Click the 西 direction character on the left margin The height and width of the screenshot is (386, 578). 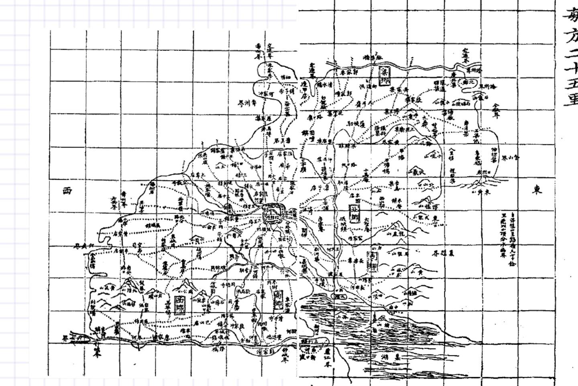pyautogui.click(x=67, y=191)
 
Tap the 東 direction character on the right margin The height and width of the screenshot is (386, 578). pyautogui.click(x=537, y=190)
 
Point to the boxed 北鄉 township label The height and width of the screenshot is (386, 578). pyautogui.click(x=354, y=213)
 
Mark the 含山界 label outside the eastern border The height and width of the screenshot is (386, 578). pyautogui.click(x=511, y=157)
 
